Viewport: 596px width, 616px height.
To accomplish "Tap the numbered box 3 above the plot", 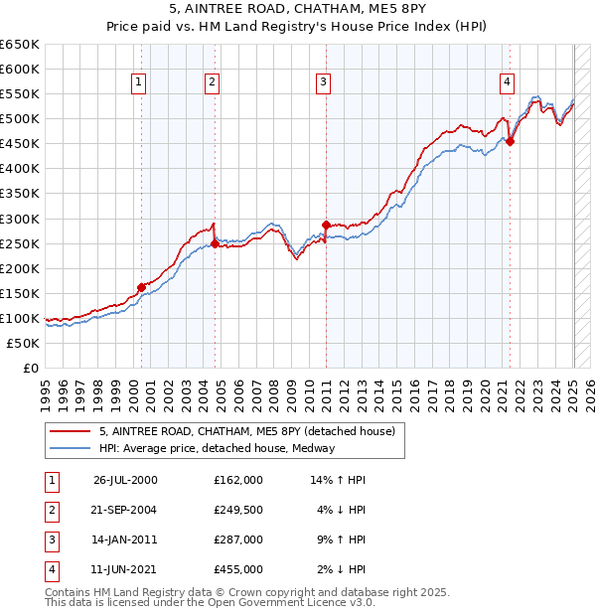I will pos(323,82).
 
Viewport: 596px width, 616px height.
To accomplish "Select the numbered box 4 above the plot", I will pos(507,82).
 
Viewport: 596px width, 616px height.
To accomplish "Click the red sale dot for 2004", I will pos(215,243).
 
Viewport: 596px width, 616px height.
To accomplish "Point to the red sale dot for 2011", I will pos(326,225).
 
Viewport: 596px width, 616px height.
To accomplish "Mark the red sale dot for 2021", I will pos(510,141).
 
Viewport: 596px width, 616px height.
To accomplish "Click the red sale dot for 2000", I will pos(141,287).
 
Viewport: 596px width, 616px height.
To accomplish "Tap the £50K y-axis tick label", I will pos(24,343).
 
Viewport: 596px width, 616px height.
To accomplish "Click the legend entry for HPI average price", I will pos(217,448).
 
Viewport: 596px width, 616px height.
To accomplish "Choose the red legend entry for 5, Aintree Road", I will pos(247,431).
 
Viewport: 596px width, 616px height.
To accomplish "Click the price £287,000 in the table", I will pos(238,541).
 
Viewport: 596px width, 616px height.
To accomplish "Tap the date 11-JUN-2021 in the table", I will pos(125,570).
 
